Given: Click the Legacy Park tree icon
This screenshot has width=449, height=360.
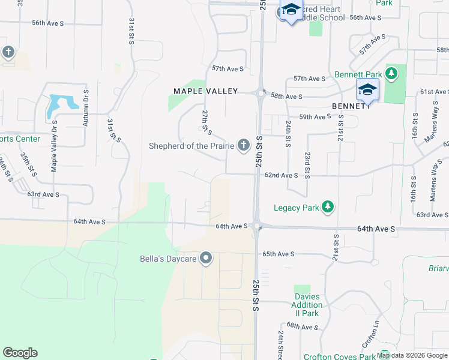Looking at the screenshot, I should [328, 208].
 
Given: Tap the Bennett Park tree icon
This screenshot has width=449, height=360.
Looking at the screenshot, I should [391, 74].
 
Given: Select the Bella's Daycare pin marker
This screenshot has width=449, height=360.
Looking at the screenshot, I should [206, 259].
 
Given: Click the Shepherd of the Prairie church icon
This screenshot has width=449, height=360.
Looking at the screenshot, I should [243, 145].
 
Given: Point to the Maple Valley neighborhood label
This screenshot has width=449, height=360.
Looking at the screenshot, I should [206, 91].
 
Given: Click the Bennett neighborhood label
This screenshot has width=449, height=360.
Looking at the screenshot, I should [351, 106].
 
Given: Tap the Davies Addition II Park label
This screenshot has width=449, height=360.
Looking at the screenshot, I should [307, 305].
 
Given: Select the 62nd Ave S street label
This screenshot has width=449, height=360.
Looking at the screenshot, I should [281, 175].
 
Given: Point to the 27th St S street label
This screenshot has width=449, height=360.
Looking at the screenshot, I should [206, 122].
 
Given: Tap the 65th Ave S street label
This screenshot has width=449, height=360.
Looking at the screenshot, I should [278, 254].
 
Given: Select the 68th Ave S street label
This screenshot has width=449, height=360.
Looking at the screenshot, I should [302, 326].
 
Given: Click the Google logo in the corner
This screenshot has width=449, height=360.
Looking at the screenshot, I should [20, 353].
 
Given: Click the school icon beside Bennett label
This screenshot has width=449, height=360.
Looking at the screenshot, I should [367, 91].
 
